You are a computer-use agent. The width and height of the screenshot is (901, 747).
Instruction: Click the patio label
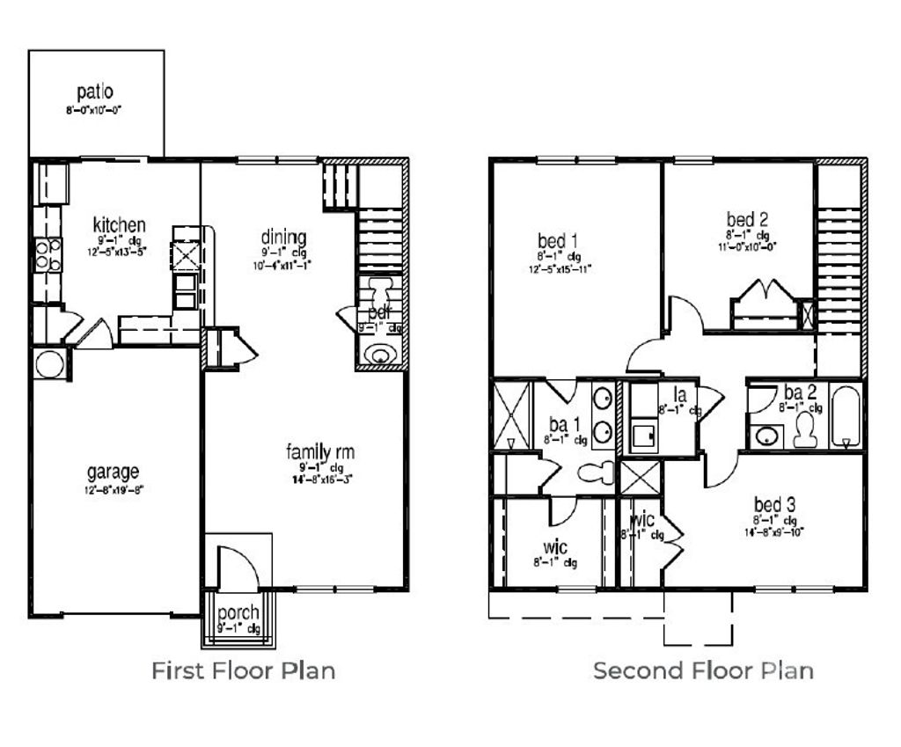click(94, 92)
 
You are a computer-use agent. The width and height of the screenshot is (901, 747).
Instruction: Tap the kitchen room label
click(119, 225)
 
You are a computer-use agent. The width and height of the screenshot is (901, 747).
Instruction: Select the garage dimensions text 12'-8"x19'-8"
click(114, 489)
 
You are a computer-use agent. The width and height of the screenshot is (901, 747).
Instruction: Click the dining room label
click(283, 238)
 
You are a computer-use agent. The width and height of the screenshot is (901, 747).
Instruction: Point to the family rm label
click(319, 452)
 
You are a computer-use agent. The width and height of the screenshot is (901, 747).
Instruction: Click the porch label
click(238, 612)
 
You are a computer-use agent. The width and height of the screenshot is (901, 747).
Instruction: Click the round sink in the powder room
click(381, 354)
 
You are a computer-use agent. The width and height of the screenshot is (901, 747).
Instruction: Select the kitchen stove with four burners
click(48, 254)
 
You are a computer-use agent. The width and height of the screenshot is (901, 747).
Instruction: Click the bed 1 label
click(558, 240)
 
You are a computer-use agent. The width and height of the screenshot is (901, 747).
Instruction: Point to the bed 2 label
click(749, 219)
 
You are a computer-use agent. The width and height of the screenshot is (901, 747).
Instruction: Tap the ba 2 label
click(794, 392)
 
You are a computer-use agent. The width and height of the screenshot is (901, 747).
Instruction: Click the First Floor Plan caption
click(244, 671)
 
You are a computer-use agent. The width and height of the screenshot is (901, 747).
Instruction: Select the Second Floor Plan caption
click(703, 671)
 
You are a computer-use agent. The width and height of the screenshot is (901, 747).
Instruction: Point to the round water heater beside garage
click(49, 363)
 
